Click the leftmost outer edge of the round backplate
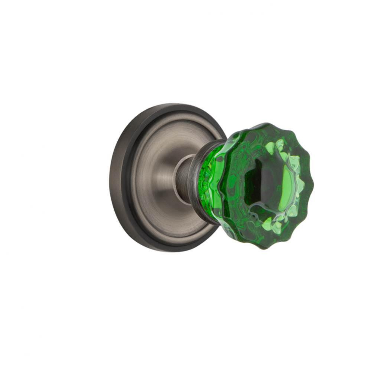pyautogui.click(x=110, y=178)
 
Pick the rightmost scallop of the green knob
pyautogui.click(x=312, y=185)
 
